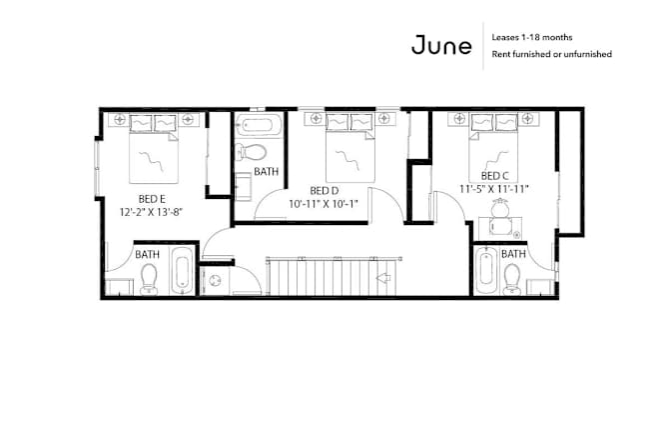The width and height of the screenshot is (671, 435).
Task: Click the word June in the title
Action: tap(441, 45)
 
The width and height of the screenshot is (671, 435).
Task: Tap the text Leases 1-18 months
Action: tap(532, 37)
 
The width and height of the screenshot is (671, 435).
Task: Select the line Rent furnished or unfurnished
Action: tap(551, 54)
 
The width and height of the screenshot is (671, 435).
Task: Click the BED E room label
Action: tap(152, 199)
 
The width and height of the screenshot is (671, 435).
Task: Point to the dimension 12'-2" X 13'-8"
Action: tap(151, 212)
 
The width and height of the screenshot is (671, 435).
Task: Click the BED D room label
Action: tap(325, 190)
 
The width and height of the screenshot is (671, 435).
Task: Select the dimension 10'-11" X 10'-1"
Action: tap(324, 204)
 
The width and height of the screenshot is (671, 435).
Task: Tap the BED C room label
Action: tap(494, 176)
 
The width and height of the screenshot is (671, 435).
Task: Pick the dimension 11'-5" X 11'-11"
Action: tap(494, 189)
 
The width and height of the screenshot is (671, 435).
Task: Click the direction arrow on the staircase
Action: tap(383, 278)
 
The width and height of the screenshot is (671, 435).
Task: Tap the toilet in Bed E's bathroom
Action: tap(149, 279)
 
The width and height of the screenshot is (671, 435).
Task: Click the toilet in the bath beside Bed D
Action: tap(251, 152)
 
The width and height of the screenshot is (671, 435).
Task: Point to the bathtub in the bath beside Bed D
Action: tap(257, 126)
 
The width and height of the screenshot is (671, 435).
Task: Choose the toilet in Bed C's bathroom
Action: tap(512, 279)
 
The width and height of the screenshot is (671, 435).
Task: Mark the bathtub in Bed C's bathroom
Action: tap(486, 271)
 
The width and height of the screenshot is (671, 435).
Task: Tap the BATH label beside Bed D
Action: tap(267, 172)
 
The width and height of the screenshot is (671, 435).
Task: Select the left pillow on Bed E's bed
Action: tap(141, 123)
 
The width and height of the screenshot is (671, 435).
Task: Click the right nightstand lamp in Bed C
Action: tap(528, 117)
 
